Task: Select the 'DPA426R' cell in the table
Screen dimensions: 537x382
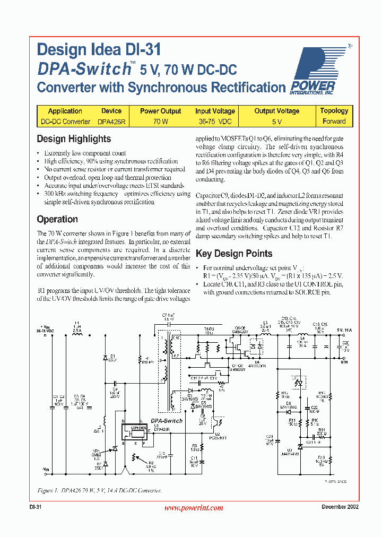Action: (x=111, y=122)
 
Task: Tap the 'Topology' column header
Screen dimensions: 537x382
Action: (x=334, y=111)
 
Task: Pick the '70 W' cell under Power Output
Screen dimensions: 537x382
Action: (x=160, y=122)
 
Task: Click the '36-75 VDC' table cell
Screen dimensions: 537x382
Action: (x=215, y=122)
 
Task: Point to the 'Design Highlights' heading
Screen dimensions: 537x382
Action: (x=74, y=139)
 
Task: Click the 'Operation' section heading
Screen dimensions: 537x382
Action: (x=57, y=219)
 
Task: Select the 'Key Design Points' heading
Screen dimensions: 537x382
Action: (x=234, y=254)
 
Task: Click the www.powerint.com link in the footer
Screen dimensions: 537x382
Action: (x=193, y=508)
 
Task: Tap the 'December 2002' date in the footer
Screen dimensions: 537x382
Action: (x=340, y=507)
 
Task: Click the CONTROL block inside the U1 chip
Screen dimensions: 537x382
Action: (x=138, y=427)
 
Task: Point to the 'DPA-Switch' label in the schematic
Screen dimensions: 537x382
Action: (x=166, y=420)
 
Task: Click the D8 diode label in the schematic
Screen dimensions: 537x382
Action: (x=289, y=404)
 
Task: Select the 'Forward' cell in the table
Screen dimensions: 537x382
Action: (x=334, y=122)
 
